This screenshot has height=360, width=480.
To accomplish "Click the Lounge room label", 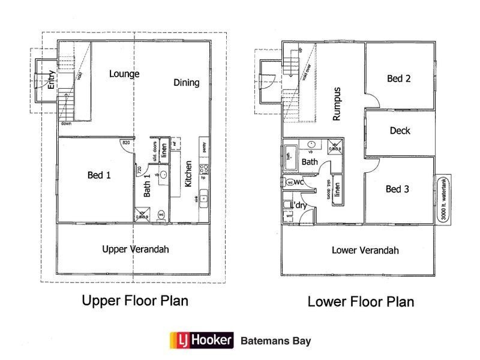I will (x=124, y=74).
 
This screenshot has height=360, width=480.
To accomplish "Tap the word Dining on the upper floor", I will (x=187, y=83).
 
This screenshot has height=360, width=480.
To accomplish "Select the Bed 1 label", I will (x=100, y=175).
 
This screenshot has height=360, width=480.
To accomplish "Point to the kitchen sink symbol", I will (x=204, y=196).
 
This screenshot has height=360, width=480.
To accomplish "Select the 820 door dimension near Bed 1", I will (x=126, y=143).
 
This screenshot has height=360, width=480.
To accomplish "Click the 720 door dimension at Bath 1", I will (x=139, y=170).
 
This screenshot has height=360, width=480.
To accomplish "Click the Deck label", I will (x=400, y=130).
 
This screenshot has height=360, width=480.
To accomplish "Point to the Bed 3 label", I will (x=397, y=189).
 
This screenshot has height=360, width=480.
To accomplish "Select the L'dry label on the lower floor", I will (x=299, y=206).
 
